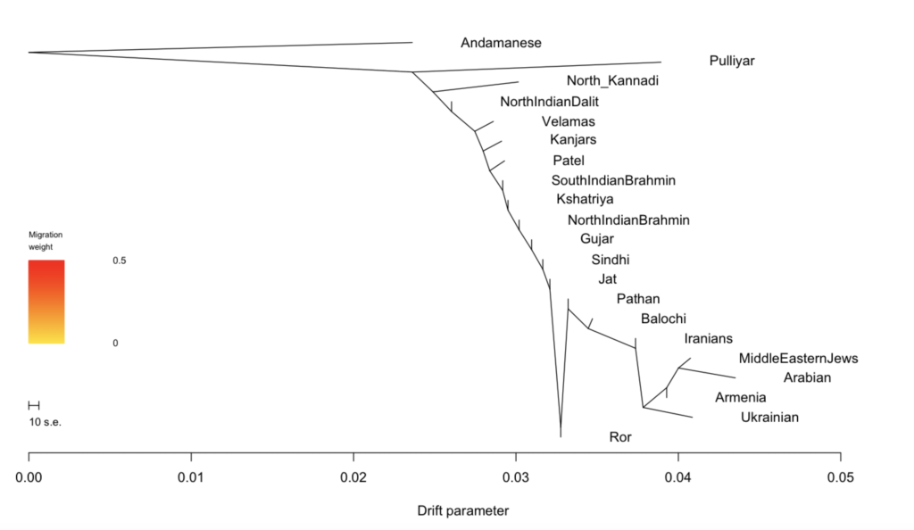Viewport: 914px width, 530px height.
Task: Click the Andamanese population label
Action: (501, 42)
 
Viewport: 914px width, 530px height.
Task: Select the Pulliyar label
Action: (732, 62)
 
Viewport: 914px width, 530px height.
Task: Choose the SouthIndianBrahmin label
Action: (613, 180)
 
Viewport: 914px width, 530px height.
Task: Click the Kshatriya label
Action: (585, 199)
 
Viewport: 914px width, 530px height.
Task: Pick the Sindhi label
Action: (611, 260)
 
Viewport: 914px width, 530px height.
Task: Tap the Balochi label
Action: (663, 319)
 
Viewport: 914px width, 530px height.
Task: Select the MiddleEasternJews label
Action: (798, 359)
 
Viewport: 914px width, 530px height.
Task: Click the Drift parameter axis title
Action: (462, 511)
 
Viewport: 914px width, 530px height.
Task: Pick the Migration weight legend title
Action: (46, 240)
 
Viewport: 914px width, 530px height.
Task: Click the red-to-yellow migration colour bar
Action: (46, 302)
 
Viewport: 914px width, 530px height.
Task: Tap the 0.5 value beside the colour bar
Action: (120, 261)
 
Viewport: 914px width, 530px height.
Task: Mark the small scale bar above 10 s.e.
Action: (34, 406)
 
